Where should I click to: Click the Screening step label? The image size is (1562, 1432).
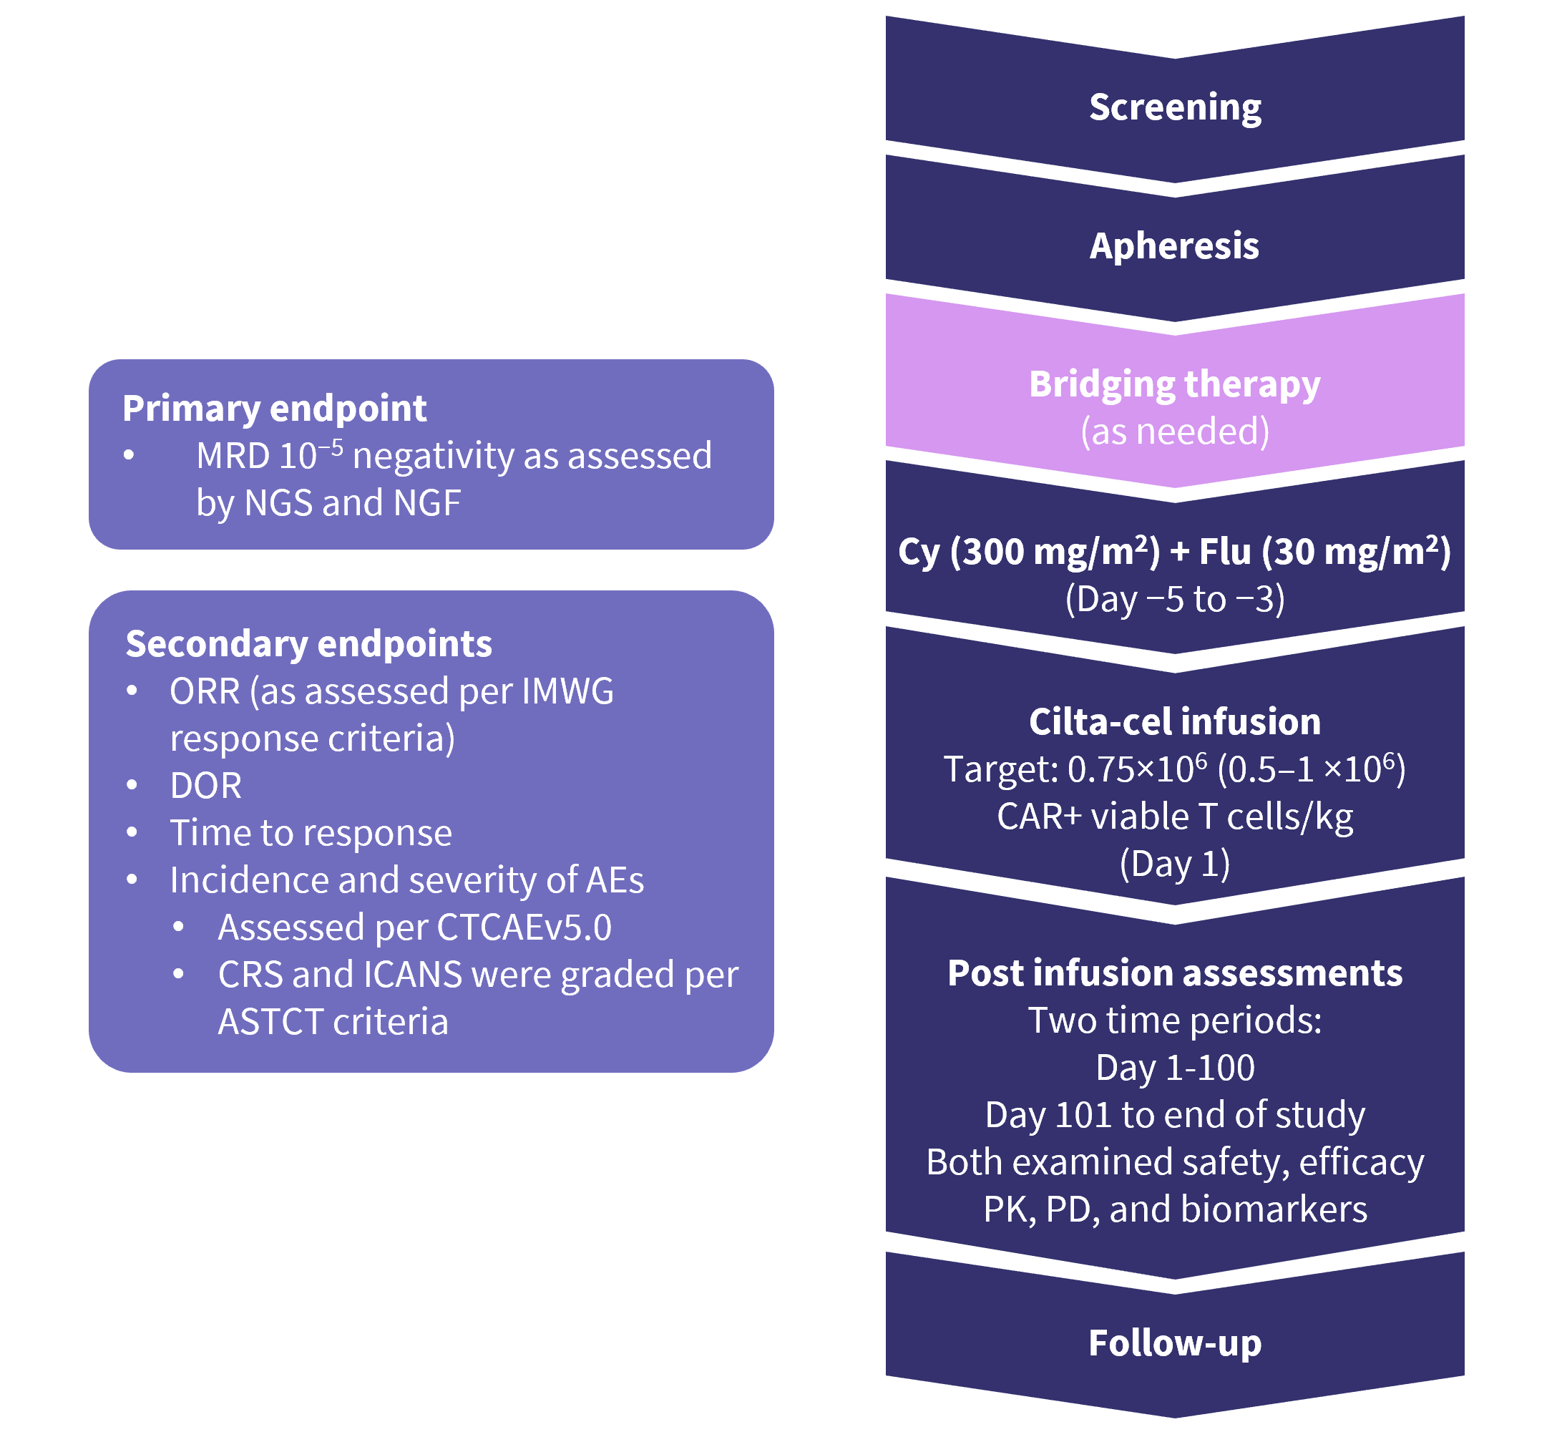coord(1175,107)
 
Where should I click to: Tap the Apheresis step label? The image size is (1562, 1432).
coord(1175,245)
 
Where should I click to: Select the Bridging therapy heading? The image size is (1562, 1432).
coord(1175,384)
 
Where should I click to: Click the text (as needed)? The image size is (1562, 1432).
coord(1175,431)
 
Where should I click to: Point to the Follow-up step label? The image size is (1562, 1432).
coord(1175,1343)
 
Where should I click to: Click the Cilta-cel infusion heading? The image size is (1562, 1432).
coord(1175,721)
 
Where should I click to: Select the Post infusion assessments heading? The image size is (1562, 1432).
coord(1175,973)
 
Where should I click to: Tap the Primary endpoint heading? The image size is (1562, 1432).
coord(274,409)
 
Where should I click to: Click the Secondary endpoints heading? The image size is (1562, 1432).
coord(308,644)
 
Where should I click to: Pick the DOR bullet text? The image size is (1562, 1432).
coord(205,786)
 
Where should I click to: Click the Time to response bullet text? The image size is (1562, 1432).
coord(311,833)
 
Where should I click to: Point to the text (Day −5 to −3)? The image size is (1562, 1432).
coord(1175,599)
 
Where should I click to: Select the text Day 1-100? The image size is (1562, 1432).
coord(1175,1068)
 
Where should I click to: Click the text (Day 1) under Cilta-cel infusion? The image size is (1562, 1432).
coord(1175,863)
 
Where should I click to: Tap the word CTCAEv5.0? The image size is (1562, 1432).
coord(524,927)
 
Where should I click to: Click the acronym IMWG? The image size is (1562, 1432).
coord(567,691)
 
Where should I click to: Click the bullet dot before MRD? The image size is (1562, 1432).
coord(130,456)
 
